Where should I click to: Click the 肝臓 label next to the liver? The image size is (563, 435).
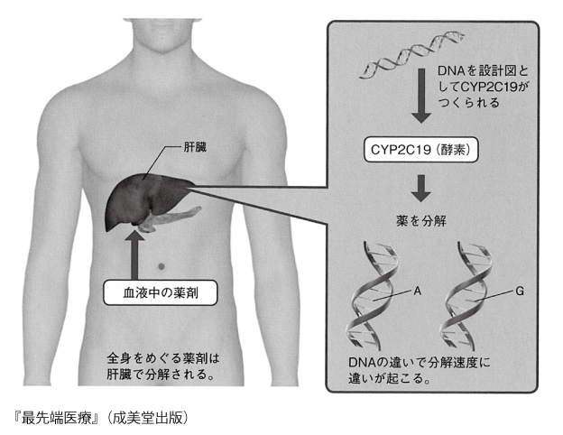(195, 147)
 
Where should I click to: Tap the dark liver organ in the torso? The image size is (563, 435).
(143, 199)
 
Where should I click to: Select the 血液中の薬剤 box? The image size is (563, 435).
(160, 292)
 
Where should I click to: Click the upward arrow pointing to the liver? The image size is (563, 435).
(134, 255)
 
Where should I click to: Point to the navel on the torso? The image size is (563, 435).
(162, 266)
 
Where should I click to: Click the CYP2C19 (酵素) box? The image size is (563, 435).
(420, 150)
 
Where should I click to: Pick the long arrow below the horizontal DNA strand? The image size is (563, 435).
(421, 96)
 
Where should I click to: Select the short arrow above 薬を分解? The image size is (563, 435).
(421, 189)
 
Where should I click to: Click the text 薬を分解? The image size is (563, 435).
(421, 221)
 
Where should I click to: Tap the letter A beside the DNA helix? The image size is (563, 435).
(417, 291)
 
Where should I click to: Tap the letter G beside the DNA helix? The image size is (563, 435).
(520, 291)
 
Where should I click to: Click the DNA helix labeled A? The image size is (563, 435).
(374, 295)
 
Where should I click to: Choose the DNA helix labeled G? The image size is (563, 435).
(467, 295)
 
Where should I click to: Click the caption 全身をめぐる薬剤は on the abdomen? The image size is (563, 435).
(163, 358)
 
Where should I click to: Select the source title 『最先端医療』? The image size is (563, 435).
(55, 418)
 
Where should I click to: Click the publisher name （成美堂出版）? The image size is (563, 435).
(148, 418)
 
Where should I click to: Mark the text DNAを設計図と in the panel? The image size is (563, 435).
(484, 70)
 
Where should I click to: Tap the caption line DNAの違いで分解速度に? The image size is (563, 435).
(420, 362)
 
